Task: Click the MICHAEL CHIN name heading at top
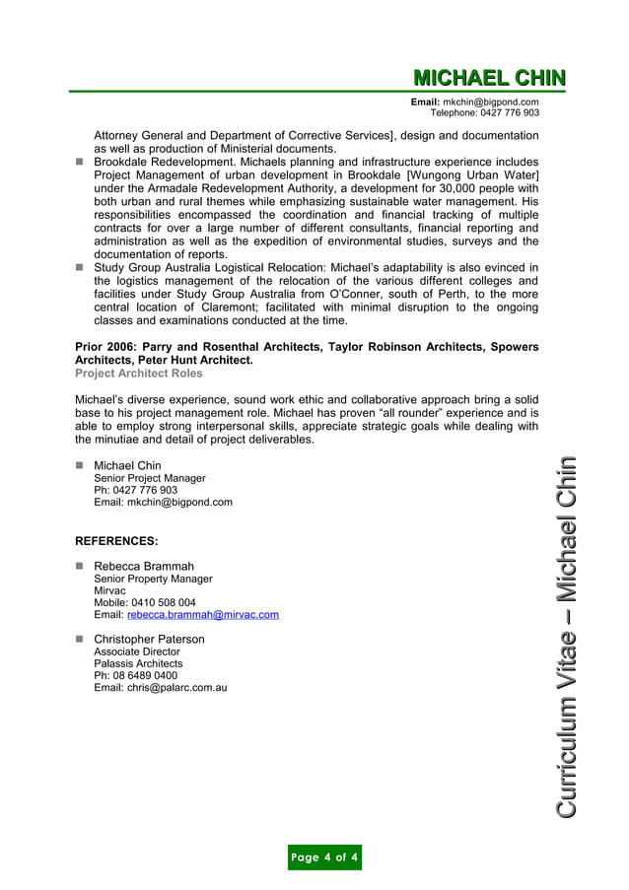489,78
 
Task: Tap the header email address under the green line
490,103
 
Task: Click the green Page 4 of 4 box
324,857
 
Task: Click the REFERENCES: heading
116,541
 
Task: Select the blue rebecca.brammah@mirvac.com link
203,615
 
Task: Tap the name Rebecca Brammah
144,567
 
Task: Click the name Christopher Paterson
149,640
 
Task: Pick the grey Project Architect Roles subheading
139,374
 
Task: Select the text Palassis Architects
138,664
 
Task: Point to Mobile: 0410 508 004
144,603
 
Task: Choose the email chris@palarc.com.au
176,688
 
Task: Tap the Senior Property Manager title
153,580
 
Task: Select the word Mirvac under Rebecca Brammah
109,591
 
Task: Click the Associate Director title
137,652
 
